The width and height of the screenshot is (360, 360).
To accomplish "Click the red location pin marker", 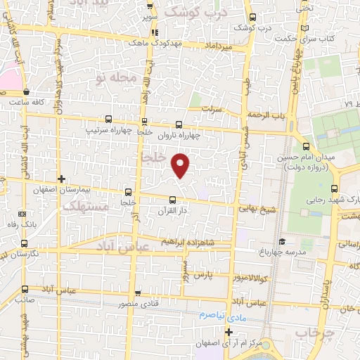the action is tap(181, 165).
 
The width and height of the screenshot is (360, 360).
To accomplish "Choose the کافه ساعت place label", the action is tap(26, 102).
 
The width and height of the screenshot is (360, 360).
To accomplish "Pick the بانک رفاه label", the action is tap(22, 226).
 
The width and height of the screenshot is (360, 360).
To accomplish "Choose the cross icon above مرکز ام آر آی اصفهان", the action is tap(229, 331).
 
